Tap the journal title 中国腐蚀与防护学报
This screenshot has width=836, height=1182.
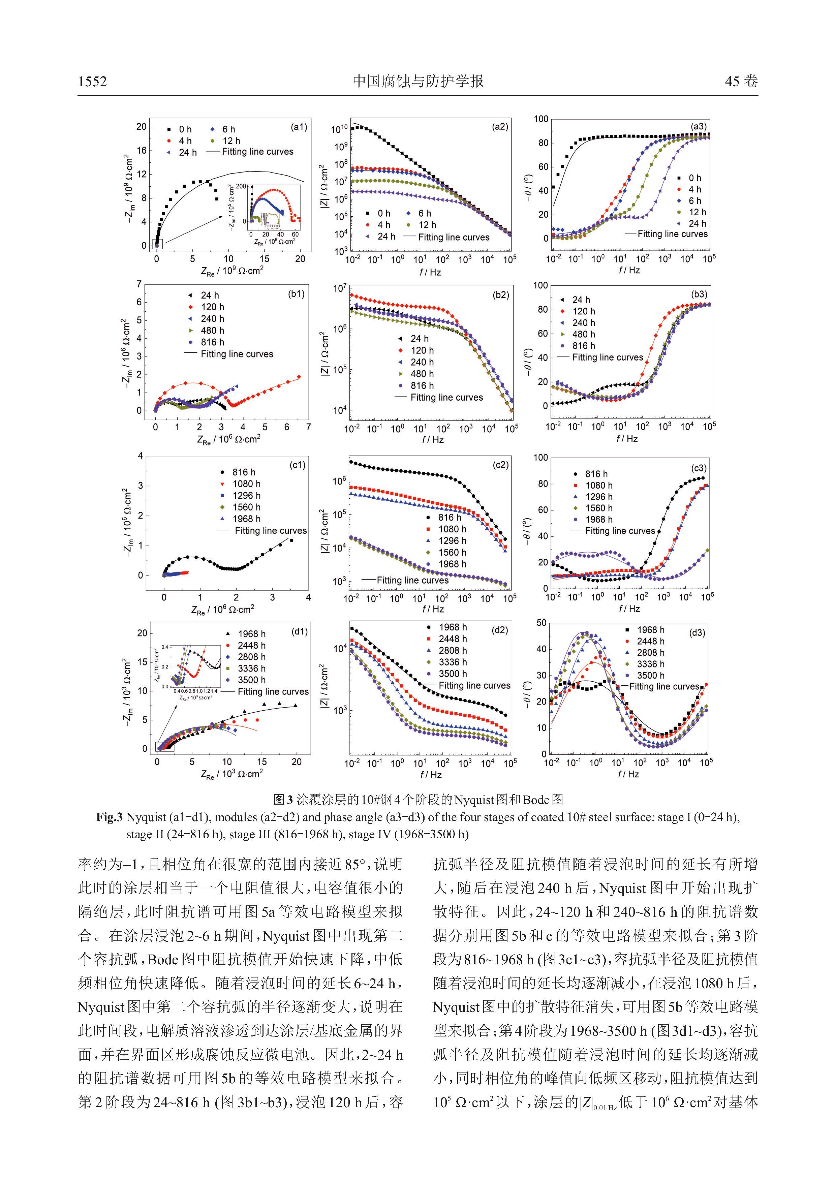pyautogui.click(x=418, y=81)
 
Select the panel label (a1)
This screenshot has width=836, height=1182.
pyautogui.click(x=299, y=127)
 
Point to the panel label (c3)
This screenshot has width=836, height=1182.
pyautogui.click(x=699, y=468)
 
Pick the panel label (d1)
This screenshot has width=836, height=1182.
pyautogui.click(x=299, y=631)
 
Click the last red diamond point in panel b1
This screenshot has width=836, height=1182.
pyautogui.click(x=299, y=377)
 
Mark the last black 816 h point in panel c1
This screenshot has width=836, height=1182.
pyautogui.click(x=291, y=540)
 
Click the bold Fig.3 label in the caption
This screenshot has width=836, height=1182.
pyautogui.click(x=109, y=817)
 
